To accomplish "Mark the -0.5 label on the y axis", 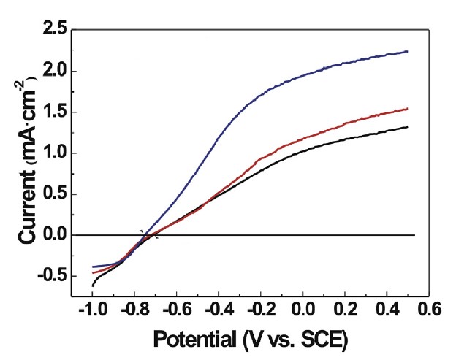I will point(49,275).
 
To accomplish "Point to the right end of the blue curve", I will point(407,52).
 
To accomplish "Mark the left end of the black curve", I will point(93,285).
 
